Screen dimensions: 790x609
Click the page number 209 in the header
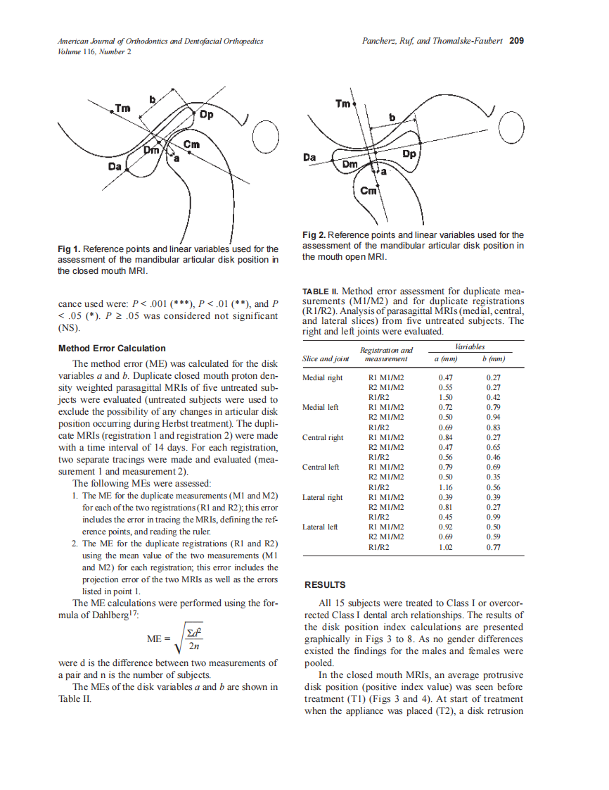pyautogui.click(x=516, y=41)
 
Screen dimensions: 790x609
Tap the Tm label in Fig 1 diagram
pyautogui.click(x=122, y=108)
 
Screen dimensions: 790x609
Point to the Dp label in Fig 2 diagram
pyautogui.click(x=411, y=153)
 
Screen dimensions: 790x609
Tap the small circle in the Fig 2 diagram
pyautogui.click(x=510, y=127)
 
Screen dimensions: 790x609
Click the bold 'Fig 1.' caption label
pyautogui.click(x=70, y=249)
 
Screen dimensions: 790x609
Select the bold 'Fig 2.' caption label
pyautogui.click(x=314, y=235)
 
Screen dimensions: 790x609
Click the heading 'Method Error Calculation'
pyautogui.click(x=112, y=349)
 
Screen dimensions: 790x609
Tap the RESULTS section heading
pyautogui.click(x=324, y=585)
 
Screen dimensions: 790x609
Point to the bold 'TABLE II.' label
pyautogui.click(x=321, y=291)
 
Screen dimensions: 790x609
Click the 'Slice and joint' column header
pyautogui.click(x=325, y=359)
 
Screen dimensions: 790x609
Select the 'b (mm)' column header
pyautogui.click(x=493, y=359)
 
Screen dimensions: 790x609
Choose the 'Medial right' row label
pyautogui.click(x=322, y=377)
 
